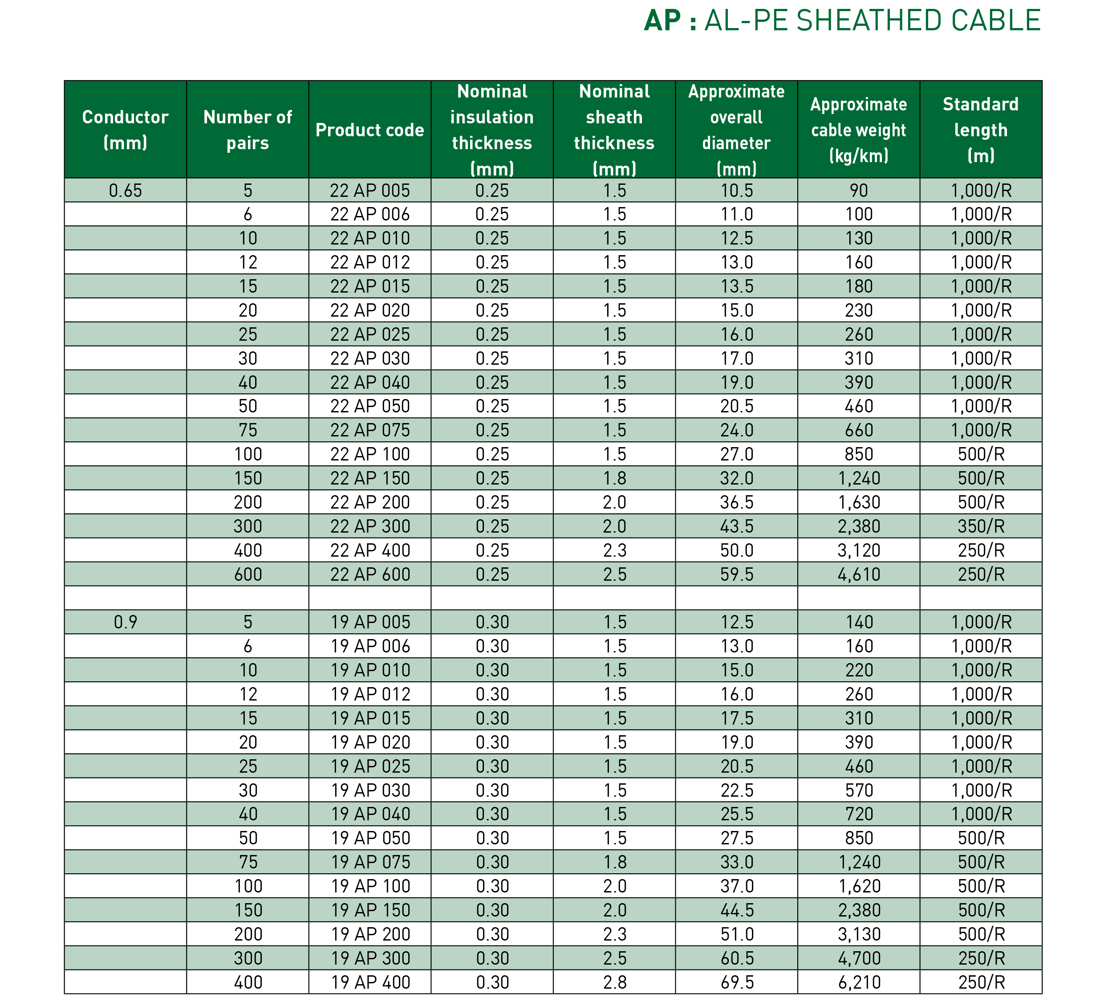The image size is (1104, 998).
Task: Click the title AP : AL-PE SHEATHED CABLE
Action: click(842, 21)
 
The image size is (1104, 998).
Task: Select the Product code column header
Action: click(369, 130)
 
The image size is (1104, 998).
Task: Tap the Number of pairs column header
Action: click(248, 130)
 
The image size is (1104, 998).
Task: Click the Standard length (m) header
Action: click(980, 130)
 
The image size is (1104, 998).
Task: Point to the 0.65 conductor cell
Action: click(126, 191)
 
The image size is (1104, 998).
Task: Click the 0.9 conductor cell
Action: click(126, 622)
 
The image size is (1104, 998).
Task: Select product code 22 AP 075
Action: click(369, 431)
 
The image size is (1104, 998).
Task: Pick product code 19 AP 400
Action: click(370, 982)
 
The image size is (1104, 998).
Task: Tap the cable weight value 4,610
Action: click(859, 574)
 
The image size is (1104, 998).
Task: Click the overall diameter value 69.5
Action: click(737, 982)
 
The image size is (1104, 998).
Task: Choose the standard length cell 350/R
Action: click(981, 526)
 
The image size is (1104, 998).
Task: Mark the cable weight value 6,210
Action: click(859, 982)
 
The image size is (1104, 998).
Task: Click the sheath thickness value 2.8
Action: click(614, 982)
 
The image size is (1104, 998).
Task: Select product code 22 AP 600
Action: click(369, 574)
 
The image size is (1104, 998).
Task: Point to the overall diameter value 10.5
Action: click(737, 191)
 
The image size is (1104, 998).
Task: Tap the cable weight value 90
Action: click(859, 191)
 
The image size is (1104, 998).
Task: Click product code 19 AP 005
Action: click(370, 622)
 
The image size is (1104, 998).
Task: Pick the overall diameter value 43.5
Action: click(737, 526)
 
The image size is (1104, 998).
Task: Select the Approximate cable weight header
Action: click(859, 130)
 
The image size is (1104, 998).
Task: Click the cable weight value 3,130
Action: click(859, 934)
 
